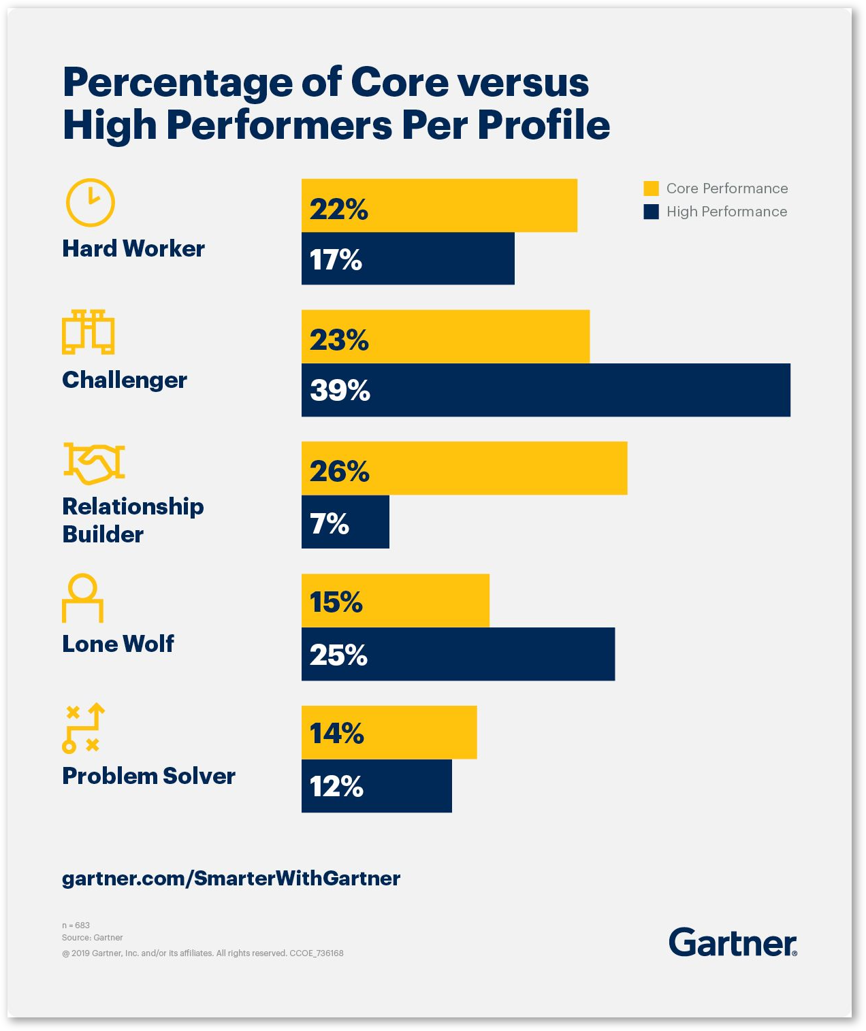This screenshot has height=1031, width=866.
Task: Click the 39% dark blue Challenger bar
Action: tap(545, 390)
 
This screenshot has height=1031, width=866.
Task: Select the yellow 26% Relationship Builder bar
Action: tap(464, 468)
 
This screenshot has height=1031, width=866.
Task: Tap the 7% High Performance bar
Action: tap(345, 522)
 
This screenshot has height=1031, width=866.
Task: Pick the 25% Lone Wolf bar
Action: tap(458, 654)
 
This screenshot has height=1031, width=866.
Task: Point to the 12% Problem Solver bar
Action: tap(376, 786)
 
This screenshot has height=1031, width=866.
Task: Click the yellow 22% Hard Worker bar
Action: tap(439, 206)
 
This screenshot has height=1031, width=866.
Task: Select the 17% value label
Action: tap(336, 259)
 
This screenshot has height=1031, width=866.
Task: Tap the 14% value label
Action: tap(336, 733)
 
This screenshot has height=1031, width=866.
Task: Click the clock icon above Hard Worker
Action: tap(90, 203)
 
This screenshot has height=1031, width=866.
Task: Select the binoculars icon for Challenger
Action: tap(89, 332)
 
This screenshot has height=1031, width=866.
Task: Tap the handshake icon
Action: tap(94, 463)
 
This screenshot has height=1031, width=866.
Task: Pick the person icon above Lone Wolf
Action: tap(82, 598)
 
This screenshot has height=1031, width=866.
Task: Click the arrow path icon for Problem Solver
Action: tap(83, 727)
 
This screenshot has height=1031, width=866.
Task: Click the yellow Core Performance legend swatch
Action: tap(651, 189)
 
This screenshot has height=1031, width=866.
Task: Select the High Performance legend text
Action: tap(726, 212)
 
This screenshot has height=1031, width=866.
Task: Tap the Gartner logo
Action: tap(732, 943)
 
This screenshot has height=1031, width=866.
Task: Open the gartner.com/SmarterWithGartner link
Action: tap(231, 878)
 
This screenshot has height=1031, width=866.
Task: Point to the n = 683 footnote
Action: tap(76, 925)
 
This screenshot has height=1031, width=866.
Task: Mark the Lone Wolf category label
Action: tap(118, 643)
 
